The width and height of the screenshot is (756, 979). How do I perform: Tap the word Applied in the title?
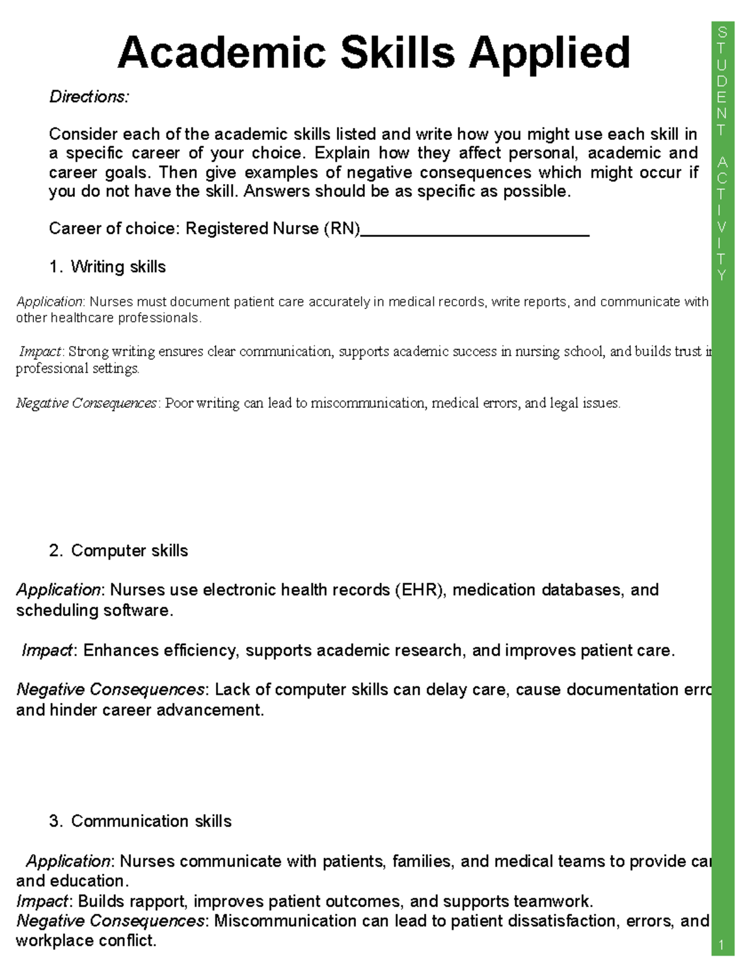point(549,54)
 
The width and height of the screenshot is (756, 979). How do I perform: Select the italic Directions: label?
point(89,97)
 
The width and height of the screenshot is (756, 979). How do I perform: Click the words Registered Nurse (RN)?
point(272,229)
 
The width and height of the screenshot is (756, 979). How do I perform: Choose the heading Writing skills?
point(118,267)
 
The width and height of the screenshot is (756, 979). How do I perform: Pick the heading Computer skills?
point(129,551)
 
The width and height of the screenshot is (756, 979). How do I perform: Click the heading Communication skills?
point(151,821)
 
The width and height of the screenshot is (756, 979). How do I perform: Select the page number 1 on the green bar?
point(722,945)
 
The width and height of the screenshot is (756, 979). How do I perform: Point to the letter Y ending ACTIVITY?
point(722,275)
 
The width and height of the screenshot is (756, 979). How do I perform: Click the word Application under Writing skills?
point(50,302)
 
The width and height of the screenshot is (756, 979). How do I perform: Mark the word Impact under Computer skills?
point(47,651)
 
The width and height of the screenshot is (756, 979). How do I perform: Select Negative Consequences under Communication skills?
point(110,921)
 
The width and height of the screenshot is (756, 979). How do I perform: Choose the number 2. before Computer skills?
point(55,551)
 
